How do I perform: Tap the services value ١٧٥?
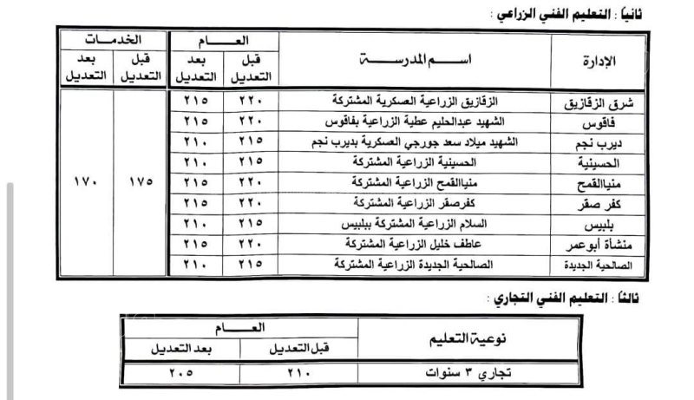coord(140,182)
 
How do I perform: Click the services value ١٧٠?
coord(86,182)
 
